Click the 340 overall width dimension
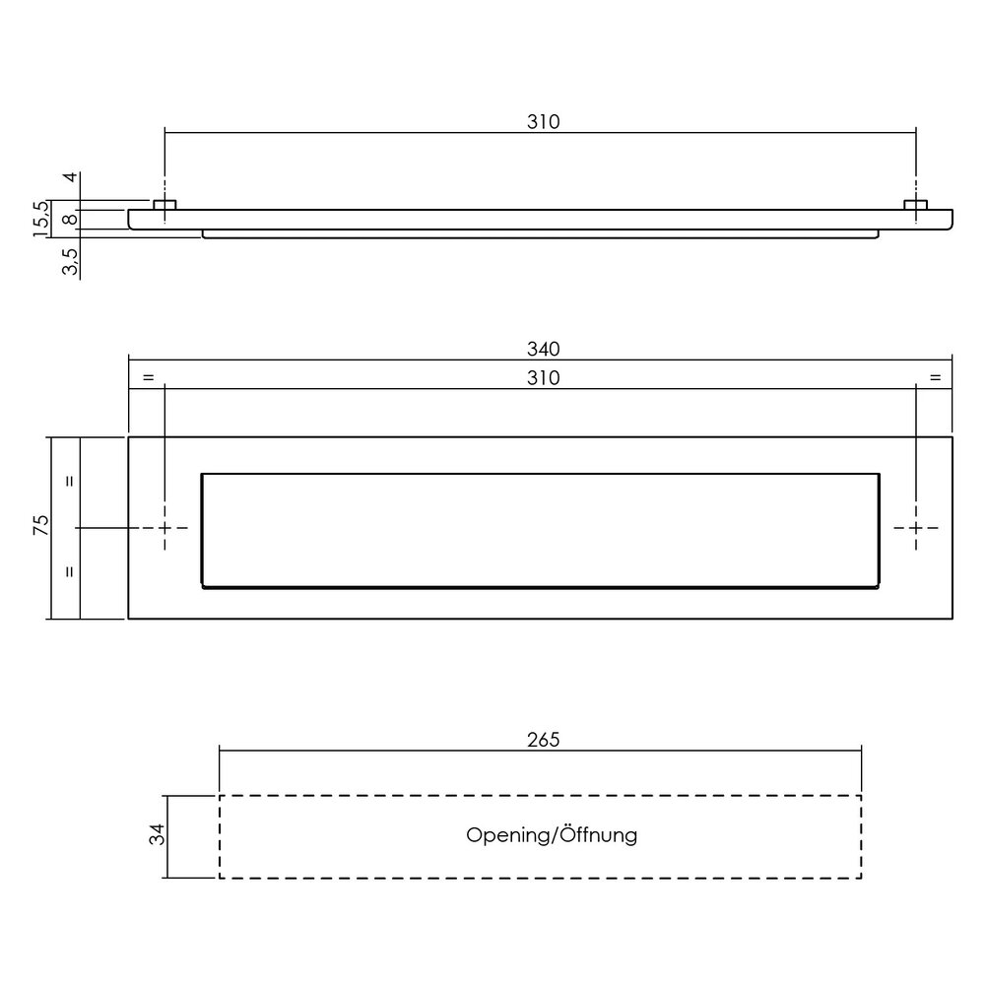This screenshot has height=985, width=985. pos(542,349)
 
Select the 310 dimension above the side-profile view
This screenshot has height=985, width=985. pos(542,122)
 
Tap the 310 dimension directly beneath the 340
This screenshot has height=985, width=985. pos(542,378)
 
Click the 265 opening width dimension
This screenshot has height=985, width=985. pos(542,740)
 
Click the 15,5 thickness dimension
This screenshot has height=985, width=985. pos(40,220)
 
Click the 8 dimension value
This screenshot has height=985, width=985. pos(70,219)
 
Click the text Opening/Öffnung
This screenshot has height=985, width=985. pos(552,835)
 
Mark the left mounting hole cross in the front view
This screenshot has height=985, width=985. pos(165,528)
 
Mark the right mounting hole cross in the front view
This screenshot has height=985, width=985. pos(917,528)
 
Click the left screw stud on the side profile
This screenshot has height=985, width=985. pos(165,205)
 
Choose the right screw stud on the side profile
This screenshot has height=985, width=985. pos(917,205)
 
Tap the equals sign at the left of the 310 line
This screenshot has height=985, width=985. pos(148,378)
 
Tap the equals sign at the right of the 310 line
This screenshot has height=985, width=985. pos(935,378)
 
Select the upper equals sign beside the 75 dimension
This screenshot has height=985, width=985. pos(70,482)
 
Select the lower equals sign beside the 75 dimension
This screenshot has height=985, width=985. pos(70,571)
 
